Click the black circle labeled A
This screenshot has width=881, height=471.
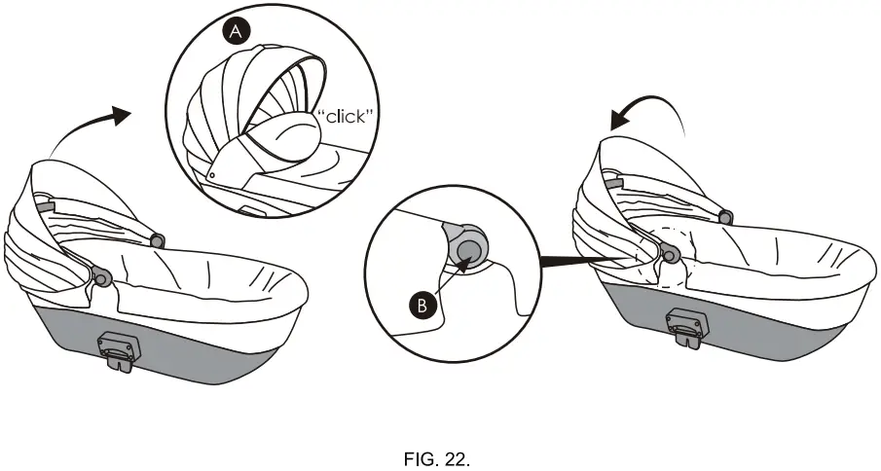236,32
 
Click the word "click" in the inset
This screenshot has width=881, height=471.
348,118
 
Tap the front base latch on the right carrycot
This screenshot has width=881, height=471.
685,323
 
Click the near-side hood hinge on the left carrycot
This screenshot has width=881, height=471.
100,278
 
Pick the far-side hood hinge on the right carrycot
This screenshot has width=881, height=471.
723,214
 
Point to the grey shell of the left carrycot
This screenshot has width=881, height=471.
195,350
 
